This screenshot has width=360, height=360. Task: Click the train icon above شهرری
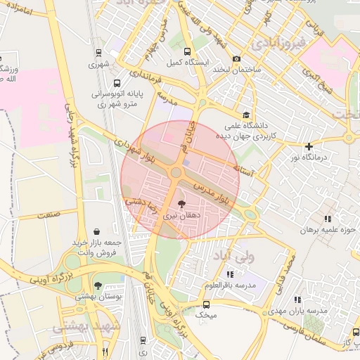(x=98, y=53)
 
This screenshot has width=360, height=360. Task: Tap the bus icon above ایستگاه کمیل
(x=186, y=51)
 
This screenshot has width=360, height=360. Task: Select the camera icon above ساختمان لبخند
(x=236, y=58)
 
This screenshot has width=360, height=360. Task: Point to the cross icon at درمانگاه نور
(x=308, y=146)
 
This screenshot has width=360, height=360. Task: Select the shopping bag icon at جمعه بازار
(x=96, y=231)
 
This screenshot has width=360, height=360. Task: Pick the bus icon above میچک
(x=206, y=304)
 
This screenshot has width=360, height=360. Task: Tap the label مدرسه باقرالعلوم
(x=230, y=285)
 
